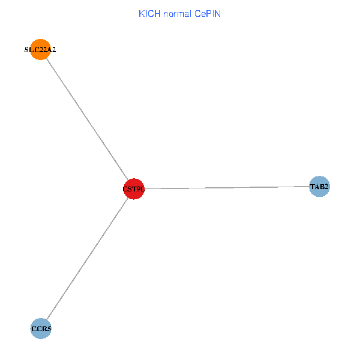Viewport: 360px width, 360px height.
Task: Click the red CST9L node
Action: coord(134,189)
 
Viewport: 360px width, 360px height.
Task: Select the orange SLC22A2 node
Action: coord(40,50)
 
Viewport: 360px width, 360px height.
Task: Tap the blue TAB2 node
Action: coord(319,187)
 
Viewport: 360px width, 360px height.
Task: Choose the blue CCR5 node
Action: coord(41,329)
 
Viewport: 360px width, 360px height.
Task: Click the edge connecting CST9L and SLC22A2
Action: coord(87,119)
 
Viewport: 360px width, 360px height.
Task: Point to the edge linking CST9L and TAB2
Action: coord(228,188)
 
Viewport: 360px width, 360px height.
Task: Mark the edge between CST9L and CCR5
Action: coord(87,259)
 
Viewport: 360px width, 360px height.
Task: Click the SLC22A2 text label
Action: coord(40,50)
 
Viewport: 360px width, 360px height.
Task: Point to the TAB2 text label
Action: coord(319,187)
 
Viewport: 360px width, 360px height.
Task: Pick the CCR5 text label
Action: coord(41,329)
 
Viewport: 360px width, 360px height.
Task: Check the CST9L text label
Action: coord(134,190)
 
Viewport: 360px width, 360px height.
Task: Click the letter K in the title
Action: coord(141,13)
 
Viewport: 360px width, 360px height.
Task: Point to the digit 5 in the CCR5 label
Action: coord(48,329)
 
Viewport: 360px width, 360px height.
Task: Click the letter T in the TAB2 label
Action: coord(313,187)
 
